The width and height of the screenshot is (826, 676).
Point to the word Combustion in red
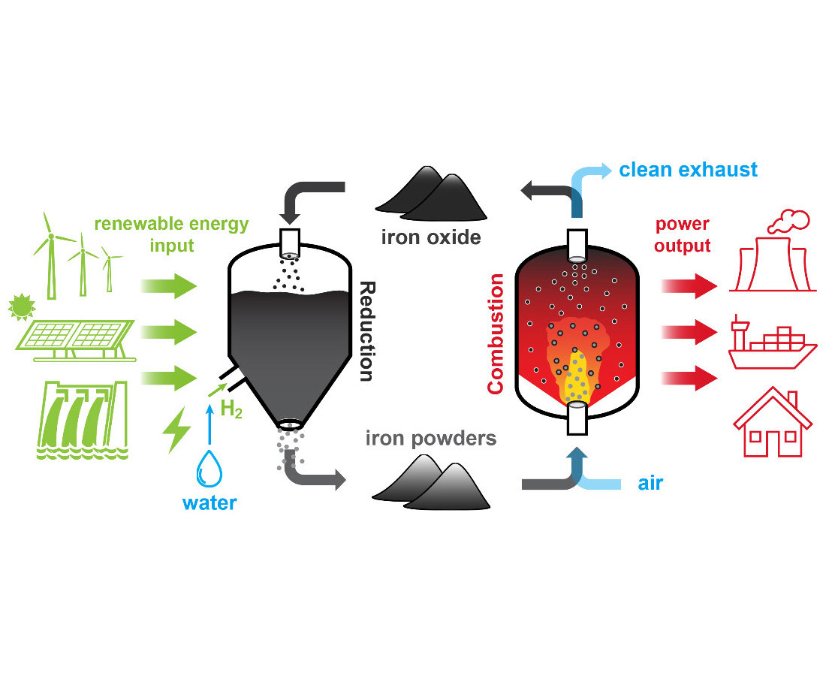(496, 333)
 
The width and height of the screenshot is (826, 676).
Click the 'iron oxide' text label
(430, 239)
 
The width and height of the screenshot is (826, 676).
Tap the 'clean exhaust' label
(688, 170)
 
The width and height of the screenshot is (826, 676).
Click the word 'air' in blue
(650, 483)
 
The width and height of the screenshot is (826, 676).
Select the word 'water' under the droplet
(211, 502)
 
